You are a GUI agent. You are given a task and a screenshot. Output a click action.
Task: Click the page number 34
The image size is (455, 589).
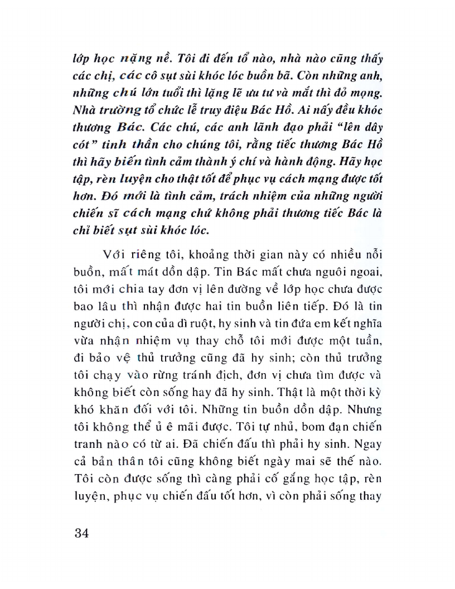click(81, 532)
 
